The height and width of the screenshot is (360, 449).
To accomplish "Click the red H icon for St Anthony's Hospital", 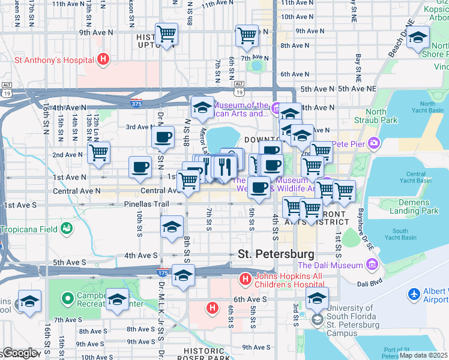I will (x=103, y=59).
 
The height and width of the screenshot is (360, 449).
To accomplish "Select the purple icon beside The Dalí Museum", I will (x=372, y=265).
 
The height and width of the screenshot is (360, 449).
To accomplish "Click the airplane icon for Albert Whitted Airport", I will (x=414, y=295).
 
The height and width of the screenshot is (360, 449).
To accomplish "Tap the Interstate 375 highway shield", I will (x=137, y=103).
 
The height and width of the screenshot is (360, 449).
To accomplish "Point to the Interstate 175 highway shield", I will (x=162, y=273).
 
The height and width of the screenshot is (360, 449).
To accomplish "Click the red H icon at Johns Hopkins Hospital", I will (x=245, y=278).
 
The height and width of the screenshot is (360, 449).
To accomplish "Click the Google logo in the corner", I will (x=19, y=353).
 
